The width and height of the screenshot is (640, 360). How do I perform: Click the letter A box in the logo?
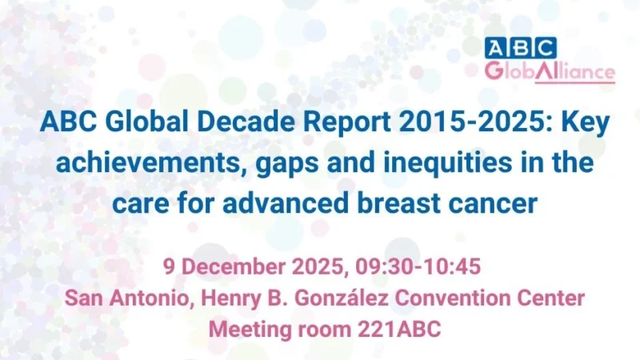[497, 47]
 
